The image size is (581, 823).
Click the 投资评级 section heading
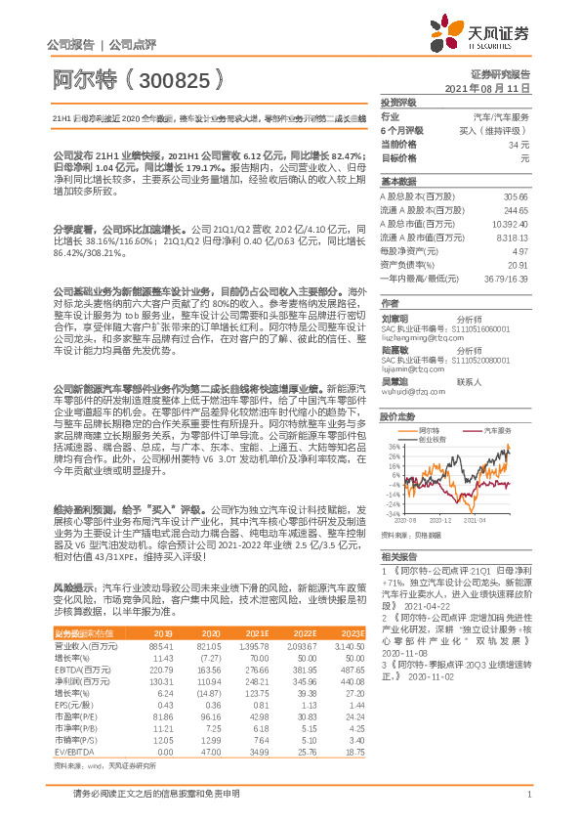click(397, 102)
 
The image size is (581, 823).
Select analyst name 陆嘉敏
click(394, 348)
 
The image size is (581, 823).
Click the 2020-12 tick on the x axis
click(442, 521)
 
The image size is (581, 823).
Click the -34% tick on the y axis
click(393, 512)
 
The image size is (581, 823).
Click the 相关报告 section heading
click(397, 555)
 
